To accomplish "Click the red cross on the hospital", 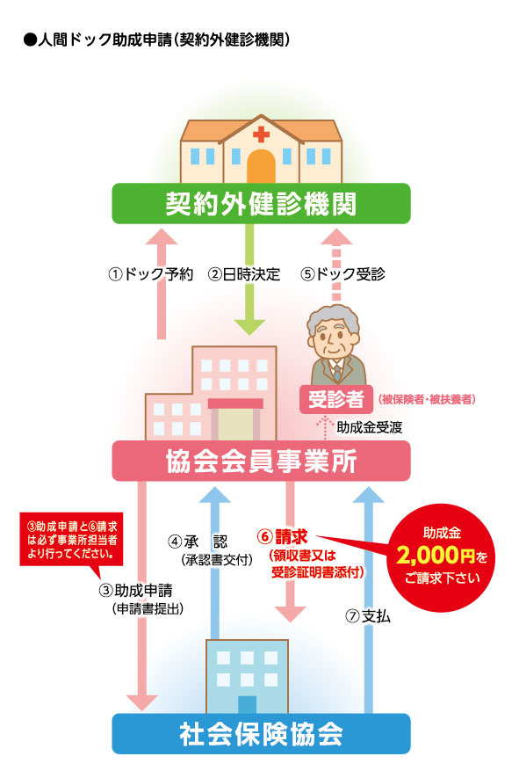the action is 261,134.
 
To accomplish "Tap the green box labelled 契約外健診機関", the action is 261,203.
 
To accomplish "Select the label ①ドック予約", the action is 151,274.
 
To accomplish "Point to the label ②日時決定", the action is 244,274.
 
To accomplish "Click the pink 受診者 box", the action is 336,399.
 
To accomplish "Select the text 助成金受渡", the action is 370,427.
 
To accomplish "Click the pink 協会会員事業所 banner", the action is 261,461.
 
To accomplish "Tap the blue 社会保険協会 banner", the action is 261,734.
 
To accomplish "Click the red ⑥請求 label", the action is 283,536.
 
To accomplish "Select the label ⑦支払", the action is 368,616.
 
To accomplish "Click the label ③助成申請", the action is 136,591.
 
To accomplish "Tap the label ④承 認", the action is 198,542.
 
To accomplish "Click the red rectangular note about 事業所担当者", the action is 71,540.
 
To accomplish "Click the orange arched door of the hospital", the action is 261,166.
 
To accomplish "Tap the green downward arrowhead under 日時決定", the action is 249,327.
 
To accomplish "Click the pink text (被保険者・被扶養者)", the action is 427,399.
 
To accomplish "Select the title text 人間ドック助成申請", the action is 105,40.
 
